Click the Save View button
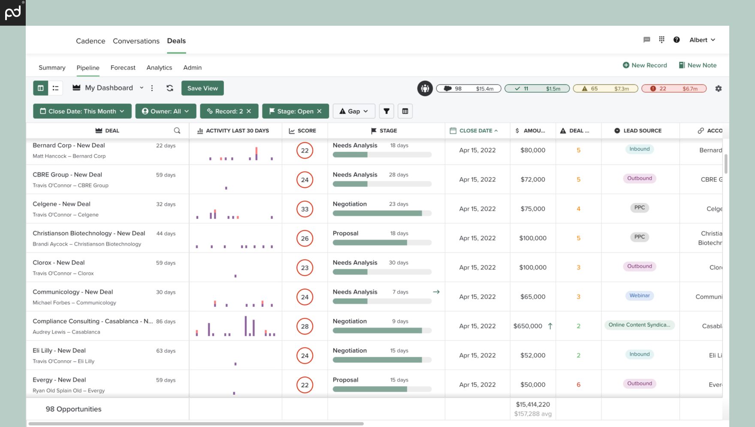(x=202, y=88)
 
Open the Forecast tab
(x=123, y=68)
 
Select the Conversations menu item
(x=136, y=41)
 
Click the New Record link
(x=645, y=65)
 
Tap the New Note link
(x=698, y=65)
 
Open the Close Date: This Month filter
(x=82, y=111)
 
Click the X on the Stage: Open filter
(x=319, y=111)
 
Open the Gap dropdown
(x=354, y=111)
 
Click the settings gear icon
(x=719, y=88)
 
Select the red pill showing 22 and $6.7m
(x=674, y=89)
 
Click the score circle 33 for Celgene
(x=305, y=209)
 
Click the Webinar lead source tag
(x=639, y=295)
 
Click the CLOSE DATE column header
(x=476, y=131)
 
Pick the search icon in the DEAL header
(x=177, y=131)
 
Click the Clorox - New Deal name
(x=59, y=262)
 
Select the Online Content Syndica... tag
(x=639, y=325)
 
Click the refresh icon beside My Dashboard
(x=170, y=88)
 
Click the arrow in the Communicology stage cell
(x=436, y=292)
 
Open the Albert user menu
(x=702, y=40)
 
